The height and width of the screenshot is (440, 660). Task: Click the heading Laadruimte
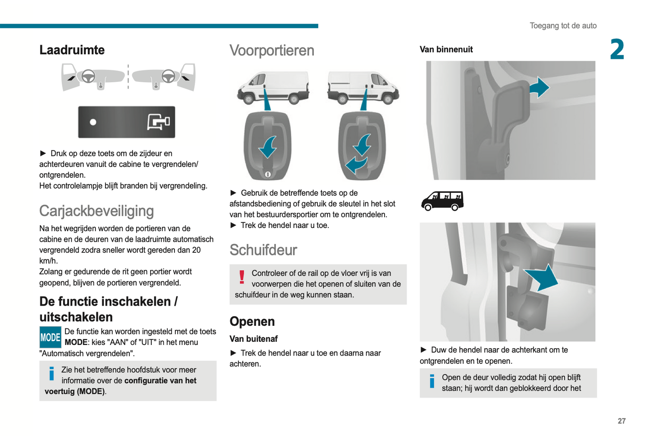coord(72,50)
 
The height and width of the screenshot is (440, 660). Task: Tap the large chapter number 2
coord(617,49)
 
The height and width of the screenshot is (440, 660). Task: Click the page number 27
coord(621,421)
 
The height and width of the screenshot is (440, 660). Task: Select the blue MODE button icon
coord(50,337)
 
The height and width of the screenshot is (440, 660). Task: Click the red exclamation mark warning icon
coord(242,277)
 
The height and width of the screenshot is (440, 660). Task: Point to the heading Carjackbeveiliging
coord(96,211)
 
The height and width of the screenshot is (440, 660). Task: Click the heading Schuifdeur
coord(263,250)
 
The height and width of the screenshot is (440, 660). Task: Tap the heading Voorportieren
coord(272,50)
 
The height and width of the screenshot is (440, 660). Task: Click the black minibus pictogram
coord(442,201)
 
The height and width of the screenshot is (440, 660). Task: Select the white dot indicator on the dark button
coord(93,122)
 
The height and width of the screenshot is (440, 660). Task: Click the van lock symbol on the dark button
coord(158,122)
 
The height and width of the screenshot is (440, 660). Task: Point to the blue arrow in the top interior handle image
coord(539,87)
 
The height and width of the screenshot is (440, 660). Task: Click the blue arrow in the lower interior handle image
coord(543,276)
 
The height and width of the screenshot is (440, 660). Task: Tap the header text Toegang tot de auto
coord(563,26)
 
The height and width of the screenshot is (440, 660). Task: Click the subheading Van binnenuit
coord(446,49)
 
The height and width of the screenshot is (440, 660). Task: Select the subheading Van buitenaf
coord(253,339)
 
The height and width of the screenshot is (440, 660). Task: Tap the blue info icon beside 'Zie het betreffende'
coord(52,374)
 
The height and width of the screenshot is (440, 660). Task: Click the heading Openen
coord(252,321)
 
